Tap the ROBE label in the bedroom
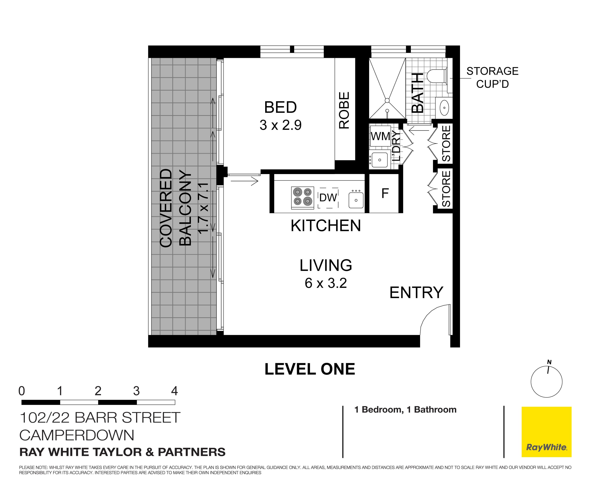tap(344, 110)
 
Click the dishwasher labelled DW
tap(328, 198)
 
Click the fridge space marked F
tap(385, 193)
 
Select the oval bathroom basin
tap(444, 107)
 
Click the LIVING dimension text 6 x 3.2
tap(326, 283)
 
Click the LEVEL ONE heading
tap(310, 369)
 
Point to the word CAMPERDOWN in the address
tap(76, 435)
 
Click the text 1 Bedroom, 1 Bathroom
tap(405, 410)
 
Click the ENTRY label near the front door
tap(416, 293)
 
